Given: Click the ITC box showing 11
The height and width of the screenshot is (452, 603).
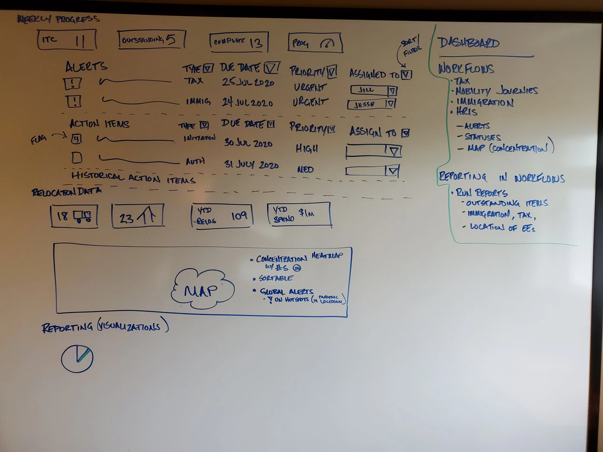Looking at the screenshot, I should pos(67,40).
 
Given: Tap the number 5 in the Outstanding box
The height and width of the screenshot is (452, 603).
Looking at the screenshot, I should pos(171,40).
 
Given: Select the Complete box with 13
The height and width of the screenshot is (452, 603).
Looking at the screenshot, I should pos(239,42).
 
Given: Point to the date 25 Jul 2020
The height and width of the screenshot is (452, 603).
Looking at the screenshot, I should pos(248,82).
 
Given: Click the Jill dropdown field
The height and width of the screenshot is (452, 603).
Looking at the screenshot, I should pos(373,90).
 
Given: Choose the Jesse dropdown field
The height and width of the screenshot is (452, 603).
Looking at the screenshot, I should pos(371,104).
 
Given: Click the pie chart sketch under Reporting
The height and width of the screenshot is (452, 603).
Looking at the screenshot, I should pos(77,358).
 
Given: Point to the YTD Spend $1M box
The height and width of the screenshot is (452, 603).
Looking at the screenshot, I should pos(299,214).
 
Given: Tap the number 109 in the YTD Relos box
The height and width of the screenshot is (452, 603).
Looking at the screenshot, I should pos(239,216).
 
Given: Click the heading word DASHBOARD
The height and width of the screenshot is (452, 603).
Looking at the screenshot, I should pos(468,43).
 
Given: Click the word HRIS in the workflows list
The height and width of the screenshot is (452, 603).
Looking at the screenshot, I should pos(467,112).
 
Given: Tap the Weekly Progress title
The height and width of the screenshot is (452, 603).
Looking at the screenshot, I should pos(59,19).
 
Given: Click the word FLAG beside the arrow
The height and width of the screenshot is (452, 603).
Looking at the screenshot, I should pos(38,140).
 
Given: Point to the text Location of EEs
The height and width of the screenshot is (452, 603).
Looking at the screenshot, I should pos(502,228).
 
